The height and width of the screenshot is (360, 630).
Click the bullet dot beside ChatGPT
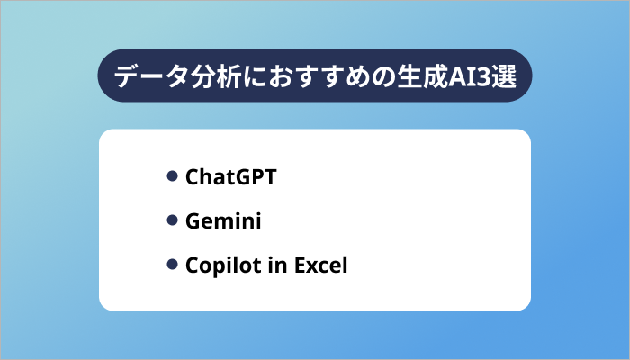(x=172, y=176)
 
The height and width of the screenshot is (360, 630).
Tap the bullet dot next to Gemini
(x=172, y=220)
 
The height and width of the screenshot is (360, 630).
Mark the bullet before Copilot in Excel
(x=172, y=265)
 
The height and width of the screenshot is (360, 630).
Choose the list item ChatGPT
(x=230, y=177)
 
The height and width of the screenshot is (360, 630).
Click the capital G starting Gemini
(x=193, y=221)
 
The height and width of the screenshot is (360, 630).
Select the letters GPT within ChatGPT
(x=253, y=177)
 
